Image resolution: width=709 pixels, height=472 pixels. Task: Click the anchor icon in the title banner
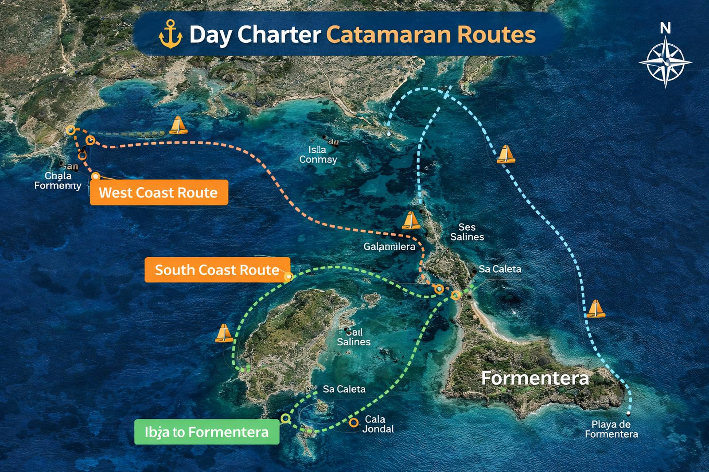171,35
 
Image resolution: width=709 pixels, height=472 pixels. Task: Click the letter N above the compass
665,29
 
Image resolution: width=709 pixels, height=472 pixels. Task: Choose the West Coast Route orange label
159,193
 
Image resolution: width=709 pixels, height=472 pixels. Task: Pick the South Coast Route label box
217,270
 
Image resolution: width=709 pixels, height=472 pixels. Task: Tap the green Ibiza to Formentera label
206,432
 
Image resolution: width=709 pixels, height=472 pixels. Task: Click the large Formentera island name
535,378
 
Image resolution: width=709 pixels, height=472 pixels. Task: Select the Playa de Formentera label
611,429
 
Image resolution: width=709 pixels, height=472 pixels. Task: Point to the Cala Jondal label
378,424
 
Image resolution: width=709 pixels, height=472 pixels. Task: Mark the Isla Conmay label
318,155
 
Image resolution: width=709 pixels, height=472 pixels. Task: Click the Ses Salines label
467,232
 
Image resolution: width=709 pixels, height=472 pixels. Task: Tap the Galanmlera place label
390,247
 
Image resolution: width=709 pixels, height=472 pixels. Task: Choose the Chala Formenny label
58,180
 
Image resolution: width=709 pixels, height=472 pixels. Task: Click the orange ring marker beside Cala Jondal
353,422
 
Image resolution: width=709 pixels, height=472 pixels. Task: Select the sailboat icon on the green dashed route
223,333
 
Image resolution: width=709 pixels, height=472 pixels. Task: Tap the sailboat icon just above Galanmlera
410,221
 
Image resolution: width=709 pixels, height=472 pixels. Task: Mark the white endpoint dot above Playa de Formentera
628,413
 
